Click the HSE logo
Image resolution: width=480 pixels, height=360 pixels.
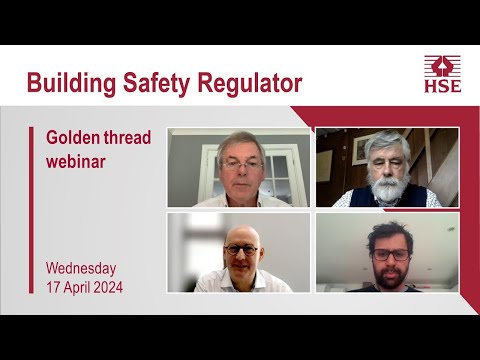[x=442, y=74]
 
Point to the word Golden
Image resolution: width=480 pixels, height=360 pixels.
[x=77, y=137]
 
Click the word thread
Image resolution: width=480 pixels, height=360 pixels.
[x=129, y=137]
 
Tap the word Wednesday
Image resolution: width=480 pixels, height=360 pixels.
[x=81, y=268]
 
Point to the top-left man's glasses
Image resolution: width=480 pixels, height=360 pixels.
[x=238, y=162]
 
